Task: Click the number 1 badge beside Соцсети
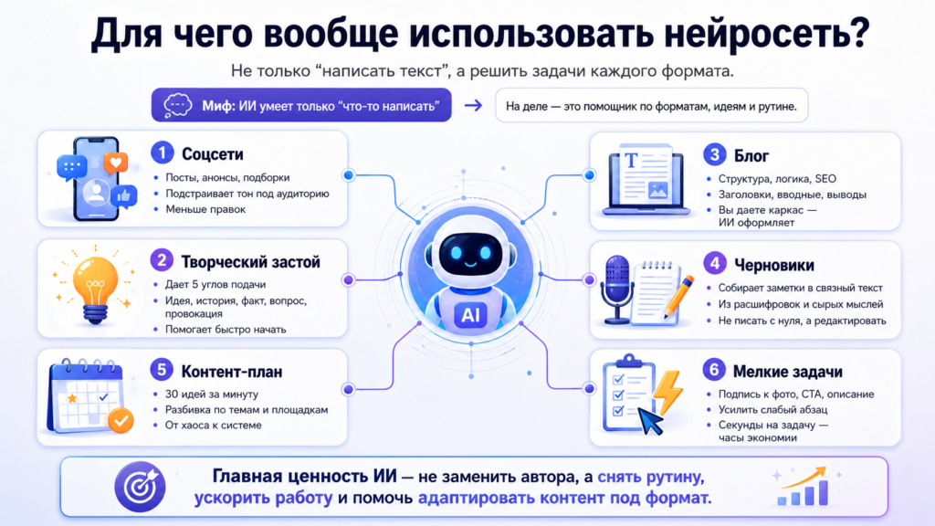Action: pos(163,153)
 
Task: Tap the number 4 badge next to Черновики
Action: pos(714,264)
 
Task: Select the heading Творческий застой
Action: pos(250,262)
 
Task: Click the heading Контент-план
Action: pos(232,372)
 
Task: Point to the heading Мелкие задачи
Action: pos(788,372)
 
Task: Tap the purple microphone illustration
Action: pos(616,289)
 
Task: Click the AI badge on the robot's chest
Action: pos(470,315)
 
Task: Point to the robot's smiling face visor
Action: pos(470,253)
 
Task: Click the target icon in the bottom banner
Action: pos(140,487)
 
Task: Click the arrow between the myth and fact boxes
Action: pos(474,106)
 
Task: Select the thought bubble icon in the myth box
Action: pos(178,106)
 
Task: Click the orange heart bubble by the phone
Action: pos(116,163)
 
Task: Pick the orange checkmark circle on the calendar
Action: pos(121,420)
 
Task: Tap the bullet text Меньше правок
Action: pos(205,209)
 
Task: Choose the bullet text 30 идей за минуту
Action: pos(212,394)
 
